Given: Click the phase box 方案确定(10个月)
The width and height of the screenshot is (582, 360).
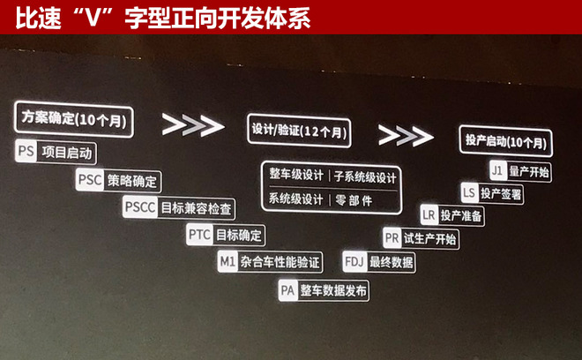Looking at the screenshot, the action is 73,119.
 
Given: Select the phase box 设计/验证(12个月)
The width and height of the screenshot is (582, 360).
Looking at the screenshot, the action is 297,131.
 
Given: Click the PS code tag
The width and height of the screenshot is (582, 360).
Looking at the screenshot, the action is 26,151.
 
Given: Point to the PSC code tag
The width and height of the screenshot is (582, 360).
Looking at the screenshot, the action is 89,181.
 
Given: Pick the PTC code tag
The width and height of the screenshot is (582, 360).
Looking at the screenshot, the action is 199,236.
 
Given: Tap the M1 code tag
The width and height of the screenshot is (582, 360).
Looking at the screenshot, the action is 227,262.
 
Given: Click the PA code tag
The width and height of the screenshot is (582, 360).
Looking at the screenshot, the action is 287,289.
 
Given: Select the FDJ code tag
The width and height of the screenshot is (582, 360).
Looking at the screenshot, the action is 354,262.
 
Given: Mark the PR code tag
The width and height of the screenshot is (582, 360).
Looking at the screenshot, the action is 392,238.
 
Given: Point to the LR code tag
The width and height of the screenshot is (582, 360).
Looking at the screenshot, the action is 429,214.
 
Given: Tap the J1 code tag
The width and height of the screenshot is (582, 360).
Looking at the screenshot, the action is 496,170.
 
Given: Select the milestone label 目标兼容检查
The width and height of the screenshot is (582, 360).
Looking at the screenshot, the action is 198,209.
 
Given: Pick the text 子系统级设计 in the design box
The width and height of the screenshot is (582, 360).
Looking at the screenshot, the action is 365,176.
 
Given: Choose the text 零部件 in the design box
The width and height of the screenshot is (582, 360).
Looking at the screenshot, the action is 355,199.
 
